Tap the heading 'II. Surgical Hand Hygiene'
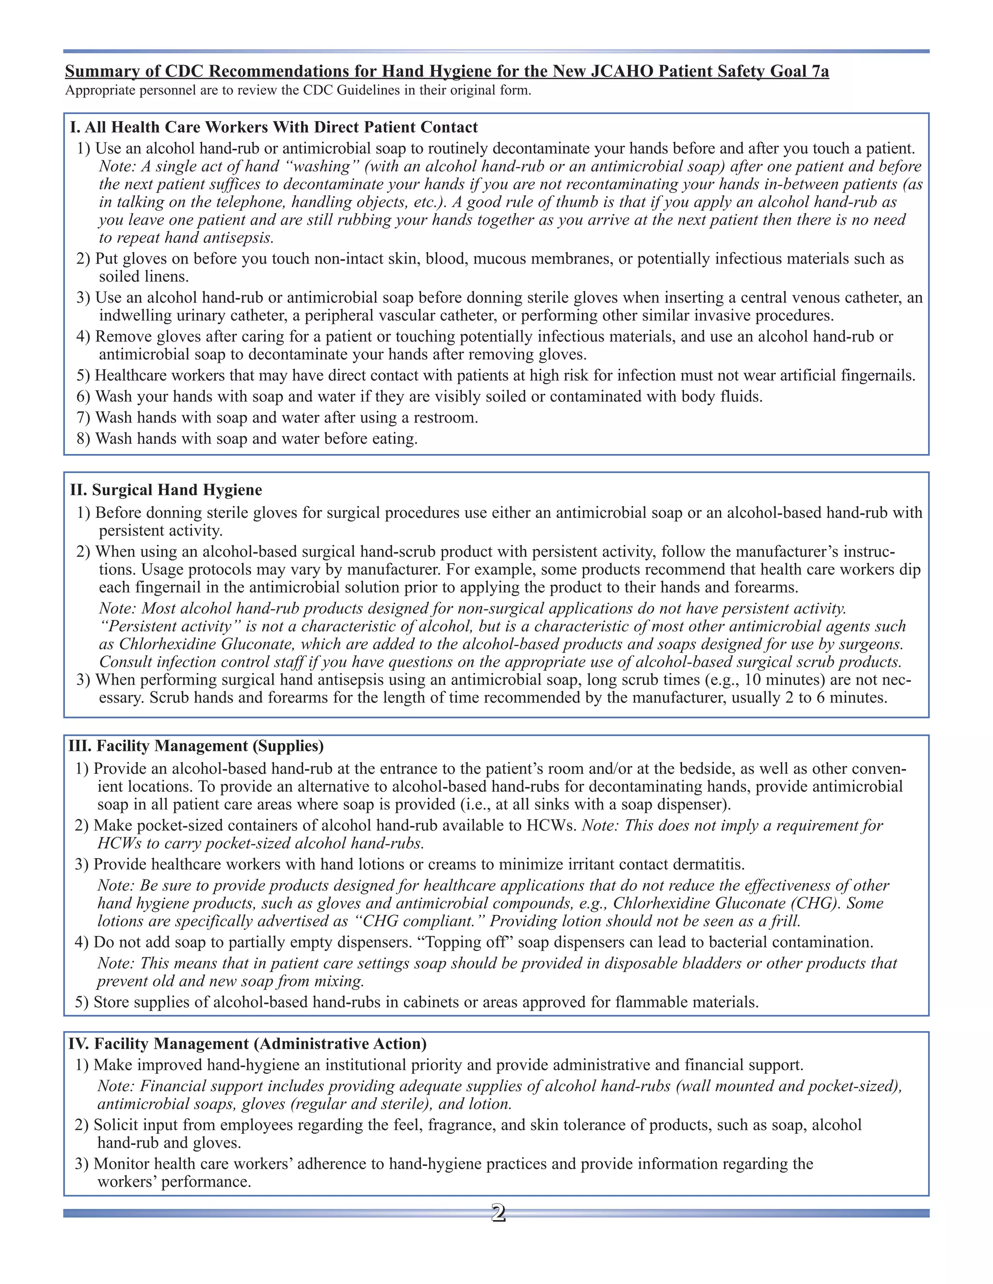165,490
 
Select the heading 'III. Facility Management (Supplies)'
196,746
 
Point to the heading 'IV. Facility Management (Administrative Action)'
247,1044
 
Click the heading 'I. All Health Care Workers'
273,127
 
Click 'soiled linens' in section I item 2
144,276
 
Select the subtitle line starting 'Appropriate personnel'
298,91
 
